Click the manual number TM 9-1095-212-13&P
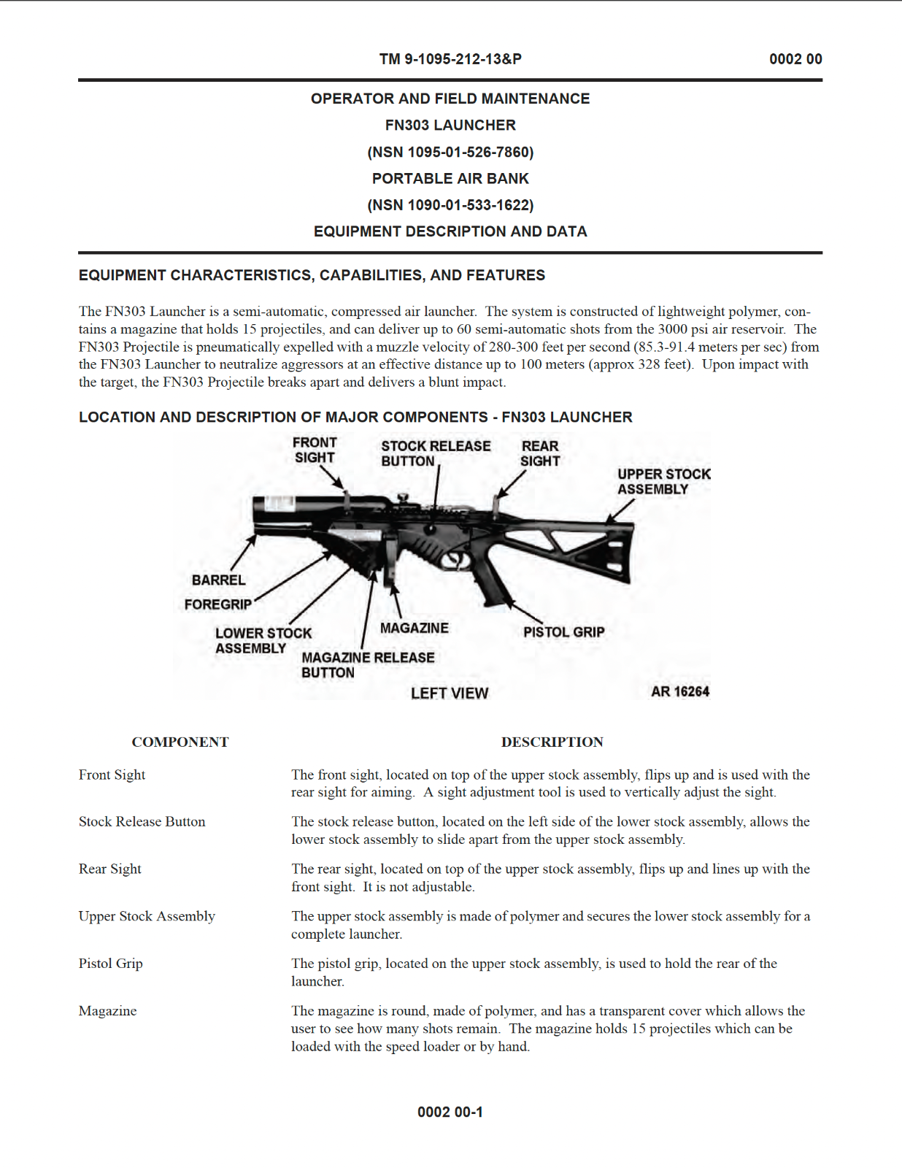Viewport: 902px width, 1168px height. (450, 59)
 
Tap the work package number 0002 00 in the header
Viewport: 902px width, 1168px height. (795, 59)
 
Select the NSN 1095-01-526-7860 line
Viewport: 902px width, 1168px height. (450, 152)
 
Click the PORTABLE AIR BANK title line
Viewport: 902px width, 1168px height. (450, 178)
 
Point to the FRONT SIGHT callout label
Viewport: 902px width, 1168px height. (315, 450)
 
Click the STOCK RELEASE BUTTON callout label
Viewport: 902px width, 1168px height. (435, 453)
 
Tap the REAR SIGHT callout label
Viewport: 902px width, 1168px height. (540, 453)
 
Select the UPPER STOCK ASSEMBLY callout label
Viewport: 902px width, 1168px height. (663, 482)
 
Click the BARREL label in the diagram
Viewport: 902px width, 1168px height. (218, 580)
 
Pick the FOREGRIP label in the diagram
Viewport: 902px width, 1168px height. (217, 604)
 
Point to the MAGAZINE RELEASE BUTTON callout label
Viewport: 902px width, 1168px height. (367, 665)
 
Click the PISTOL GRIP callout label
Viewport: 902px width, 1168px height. (563, 632)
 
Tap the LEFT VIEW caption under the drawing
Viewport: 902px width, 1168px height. (449, 693)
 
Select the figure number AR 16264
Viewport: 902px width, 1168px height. (679, 691)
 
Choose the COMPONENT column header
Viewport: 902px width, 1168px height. (180, 742)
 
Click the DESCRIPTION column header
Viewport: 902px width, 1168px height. (552, 742)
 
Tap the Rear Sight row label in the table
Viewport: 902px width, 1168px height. (110, 869)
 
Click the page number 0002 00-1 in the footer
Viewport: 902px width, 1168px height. (450, 1112)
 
